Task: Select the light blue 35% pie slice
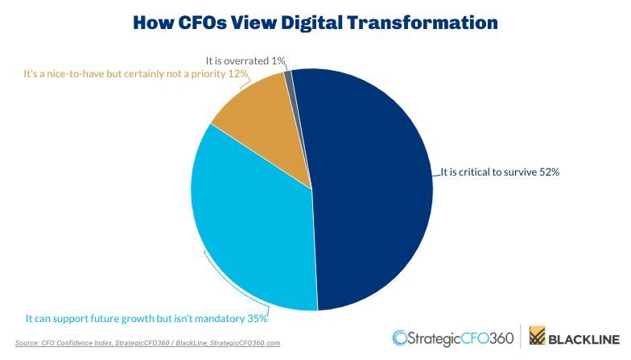coord(250,234)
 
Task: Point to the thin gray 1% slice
coord(288,77)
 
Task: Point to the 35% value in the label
coord(257,319)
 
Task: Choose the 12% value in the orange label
coord(239,73)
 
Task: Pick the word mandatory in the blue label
coord(215,319)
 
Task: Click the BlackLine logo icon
coord(538,337)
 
